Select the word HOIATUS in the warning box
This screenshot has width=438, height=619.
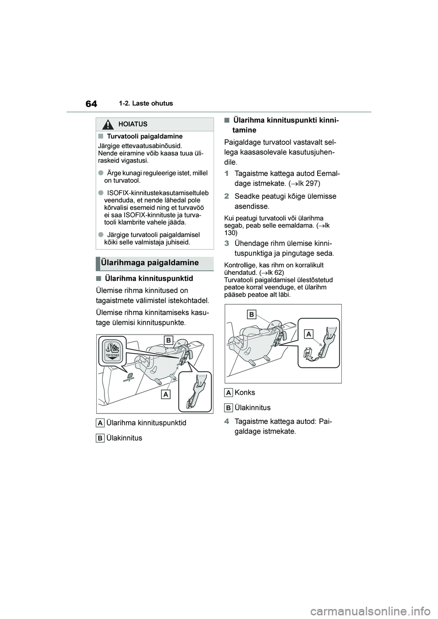tap(132, 124)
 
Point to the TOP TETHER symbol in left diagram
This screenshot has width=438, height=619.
tap(112, 351)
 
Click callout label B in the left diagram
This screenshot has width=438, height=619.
tap(168, 340)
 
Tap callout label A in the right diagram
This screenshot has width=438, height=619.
tap(309, 334)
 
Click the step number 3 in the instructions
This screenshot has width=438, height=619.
tap(227, 242)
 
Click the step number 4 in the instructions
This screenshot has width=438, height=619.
tap(227, 421)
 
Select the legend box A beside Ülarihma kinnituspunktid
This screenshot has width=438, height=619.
tap(100, 423)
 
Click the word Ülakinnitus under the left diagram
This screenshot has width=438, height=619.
tap(124, 438)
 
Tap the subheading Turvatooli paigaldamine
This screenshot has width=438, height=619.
tap(145, 136)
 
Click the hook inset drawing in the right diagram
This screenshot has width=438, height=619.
tap(319, 342)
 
